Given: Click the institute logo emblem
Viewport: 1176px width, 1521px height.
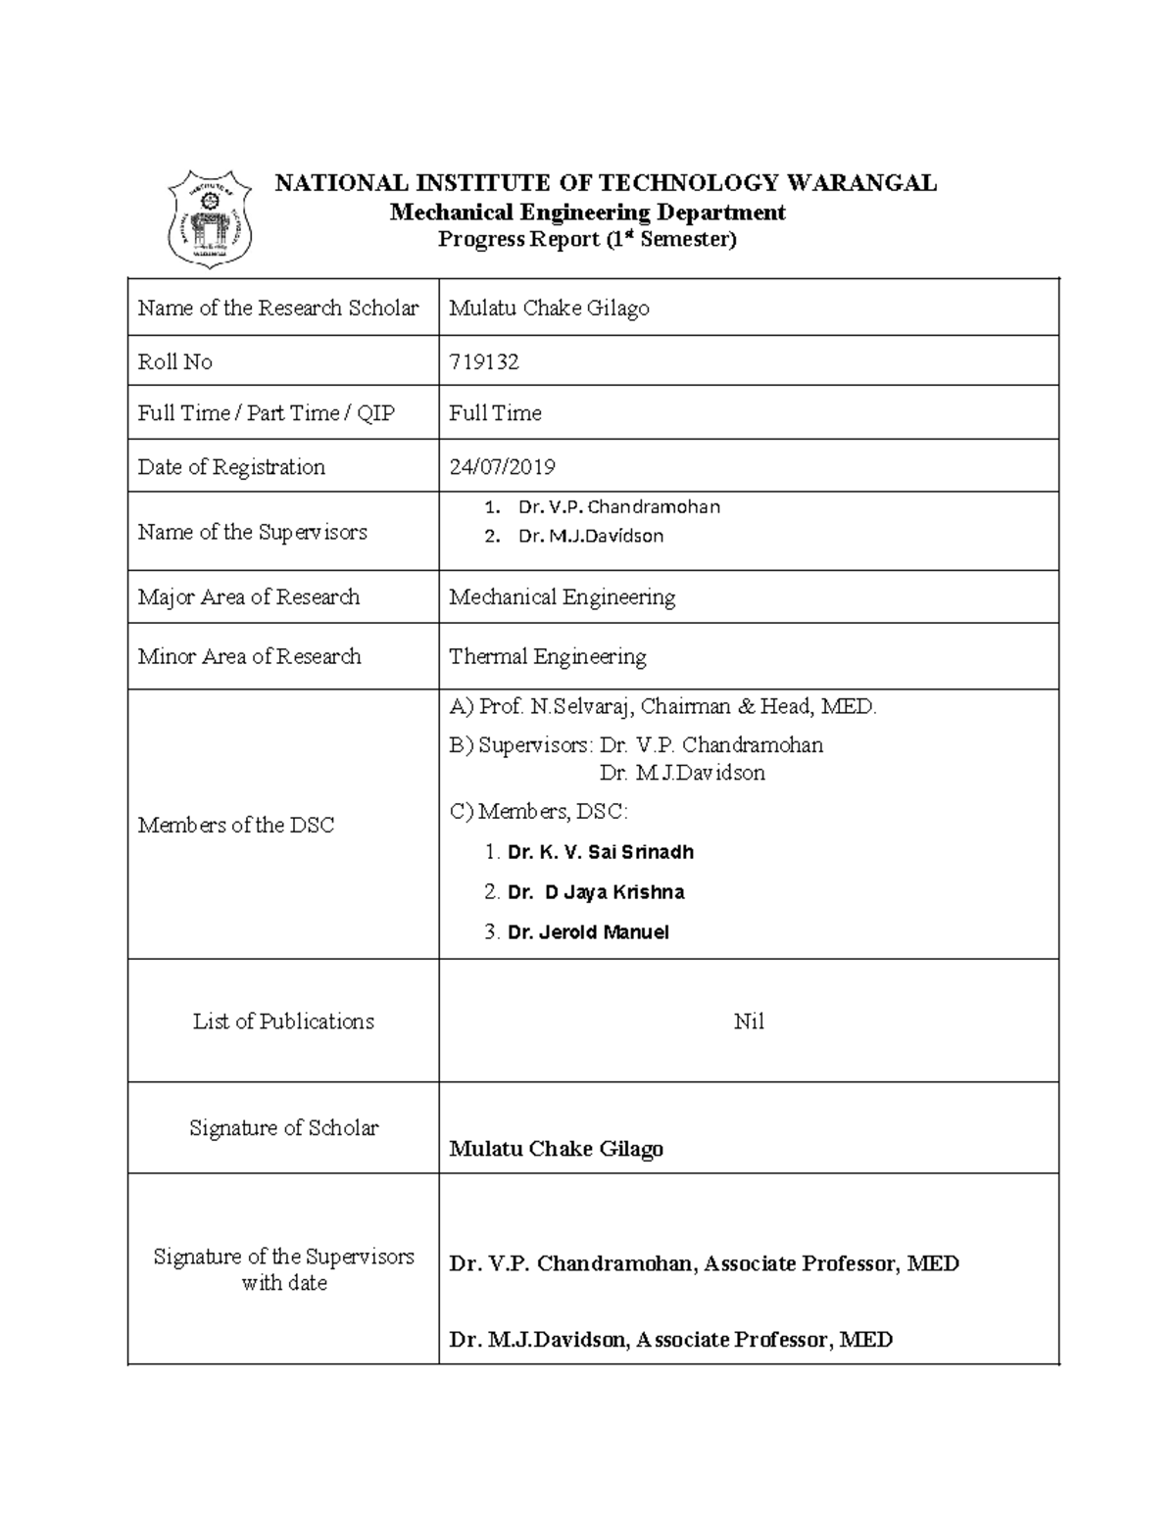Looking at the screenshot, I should [x=210, y=217].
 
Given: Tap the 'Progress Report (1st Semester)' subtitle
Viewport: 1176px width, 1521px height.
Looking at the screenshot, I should [x=586, y=240].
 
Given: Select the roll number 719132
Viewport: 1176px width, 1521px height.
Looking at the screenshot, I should [x=484, y=362].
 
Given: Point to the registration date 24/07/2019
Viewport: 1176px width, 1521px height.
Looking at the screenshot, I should [x=502, y=467].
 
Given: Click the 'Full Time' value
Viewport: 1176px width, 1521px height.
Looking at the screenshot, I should [x=495, y=413].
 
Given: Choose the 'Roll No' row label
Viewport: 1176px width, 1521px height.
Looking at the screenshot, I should [x=175, y=362].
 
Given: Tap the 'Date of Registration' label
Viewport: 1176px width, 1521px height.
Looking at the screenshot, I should [x=231, y=467].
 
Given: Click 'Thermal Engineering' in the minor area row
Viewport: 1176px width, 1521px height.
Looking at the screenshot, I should [x=547, y=656].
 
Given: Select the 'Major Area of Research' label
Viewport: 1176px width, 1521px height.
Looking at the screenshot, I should [x=249, y=597].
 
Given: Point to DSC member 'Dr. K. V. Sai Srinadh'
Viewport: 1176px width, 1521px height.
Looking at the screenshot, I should [x=600, y=852].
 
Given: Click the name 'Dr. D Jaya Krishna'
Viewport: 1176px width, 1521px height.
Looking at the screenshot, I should [x=596, y=892].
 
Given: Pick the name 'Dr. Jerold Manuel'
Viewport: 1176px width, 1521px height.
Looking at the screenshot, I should [x=588, y=932].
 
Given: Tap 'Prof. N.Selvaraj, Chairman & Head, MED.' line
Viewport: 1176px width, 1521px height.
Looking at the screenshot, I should [x=662, y=706].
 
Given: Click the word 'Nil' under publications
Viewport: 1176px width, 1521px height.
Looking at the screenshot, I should [x=749, y=1022].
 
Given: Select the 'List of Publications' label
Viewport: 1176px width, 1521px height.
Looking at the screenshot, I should [x=283, y=1022].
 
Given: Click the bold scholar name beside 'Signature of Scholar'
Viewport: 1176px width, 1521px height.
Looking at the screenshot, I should [x=556, y=1149].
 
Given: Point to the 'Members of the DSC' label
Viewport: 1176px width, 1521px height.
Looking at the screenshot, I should [x=236, y=826].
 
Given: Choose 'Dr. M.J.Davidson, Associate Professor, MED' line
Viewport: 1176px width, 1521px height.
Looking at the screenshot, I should [x=670, y=1340].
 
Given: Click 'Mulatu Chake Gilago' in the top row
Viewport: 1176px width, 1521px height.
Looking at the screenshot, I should [x=549, y=309].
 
